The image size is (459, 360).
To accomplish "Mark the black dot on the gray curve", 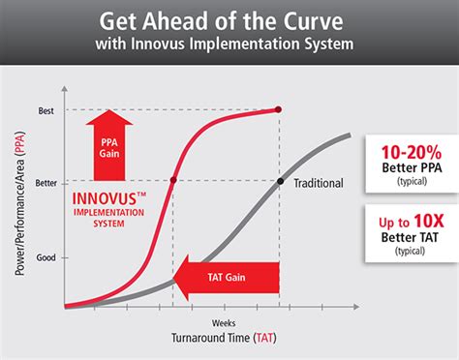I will tap(280, 181).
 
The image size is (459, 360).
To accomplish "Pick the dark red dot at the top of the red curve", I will tap(279, 109).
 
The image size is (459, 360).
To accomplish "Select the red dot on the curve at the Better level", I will tap(173, 181).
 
